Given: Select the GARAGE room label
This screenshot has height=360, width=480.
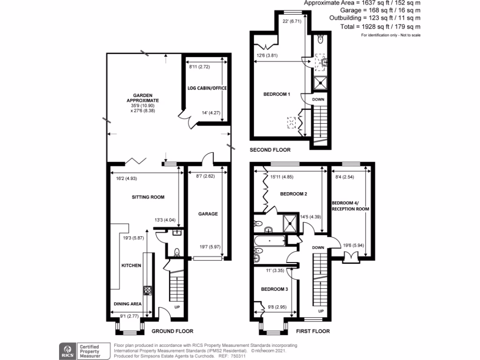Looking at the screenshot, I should click(208, 214).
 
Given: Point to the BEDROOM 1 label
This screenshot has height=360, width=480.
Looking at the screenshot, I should click(277, 94).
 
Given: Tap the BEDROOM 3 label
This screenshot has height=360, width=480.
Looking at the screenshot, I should click(274, 289).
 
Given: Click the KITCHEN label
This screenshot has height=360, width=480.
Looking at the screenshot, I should click(131, 266).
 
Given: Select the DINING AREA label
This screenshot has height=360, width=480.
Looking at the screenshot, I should click(128, 304).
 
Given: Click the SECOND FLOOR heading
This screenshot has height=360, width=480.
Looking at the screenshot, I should click(270, 150).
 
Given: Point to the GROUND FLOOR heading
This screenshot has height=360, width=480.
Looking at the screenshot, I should click(172, 331).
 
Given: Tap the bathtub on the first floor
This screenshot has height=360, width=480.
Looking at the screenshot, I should click(270, 241).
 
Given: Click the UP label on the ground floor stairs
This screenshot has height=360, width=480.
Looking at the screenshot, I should click(177, 307).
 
